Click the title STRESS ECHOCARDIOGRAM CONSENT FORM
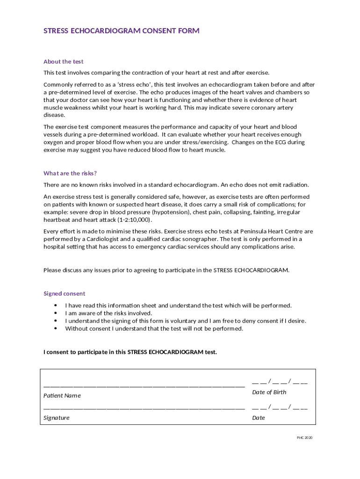tap(122, 31)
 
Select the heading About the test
tap(64, 62)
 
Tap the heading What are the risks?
tap(70, 173)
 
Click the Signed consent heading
tap(65, 294)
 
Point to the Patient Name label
tap(62, 396)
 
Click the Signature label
tap(57, 418)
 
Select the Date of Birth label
tap(269, 392)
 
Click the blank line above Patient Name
tap(144, 385)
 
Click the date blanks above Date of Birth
tap(280, 382)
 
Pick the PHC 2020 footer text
tap(304, 438)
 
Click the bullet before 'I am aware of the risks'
tap(55, 313)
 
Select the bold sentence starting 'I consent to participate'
tap(130, 352)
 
